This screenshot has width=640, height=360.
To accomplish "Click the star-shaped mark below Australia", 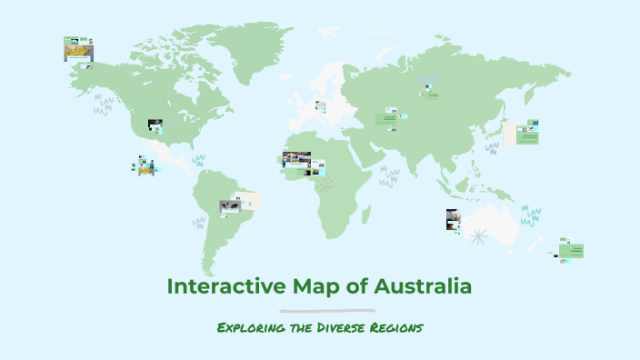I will [x=479, y=239].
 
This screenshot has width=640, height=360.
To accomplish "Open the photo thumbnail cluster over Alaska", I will [x=78, y=49].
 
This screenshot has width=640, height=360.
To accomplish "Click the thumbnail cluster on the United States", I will [x=155, y=126].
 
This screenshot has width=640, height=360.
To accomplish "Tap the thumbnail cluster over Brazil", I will [x=239, y=204].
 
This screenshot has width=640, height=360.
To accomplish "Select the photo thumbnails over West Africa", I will [x=303, y=164].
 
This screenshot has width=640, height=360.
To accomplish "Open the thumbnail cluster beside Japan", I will [x=523, y=133].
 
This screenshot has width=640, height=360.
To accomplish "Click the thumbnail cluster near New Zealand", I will [x=571, y=251].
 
